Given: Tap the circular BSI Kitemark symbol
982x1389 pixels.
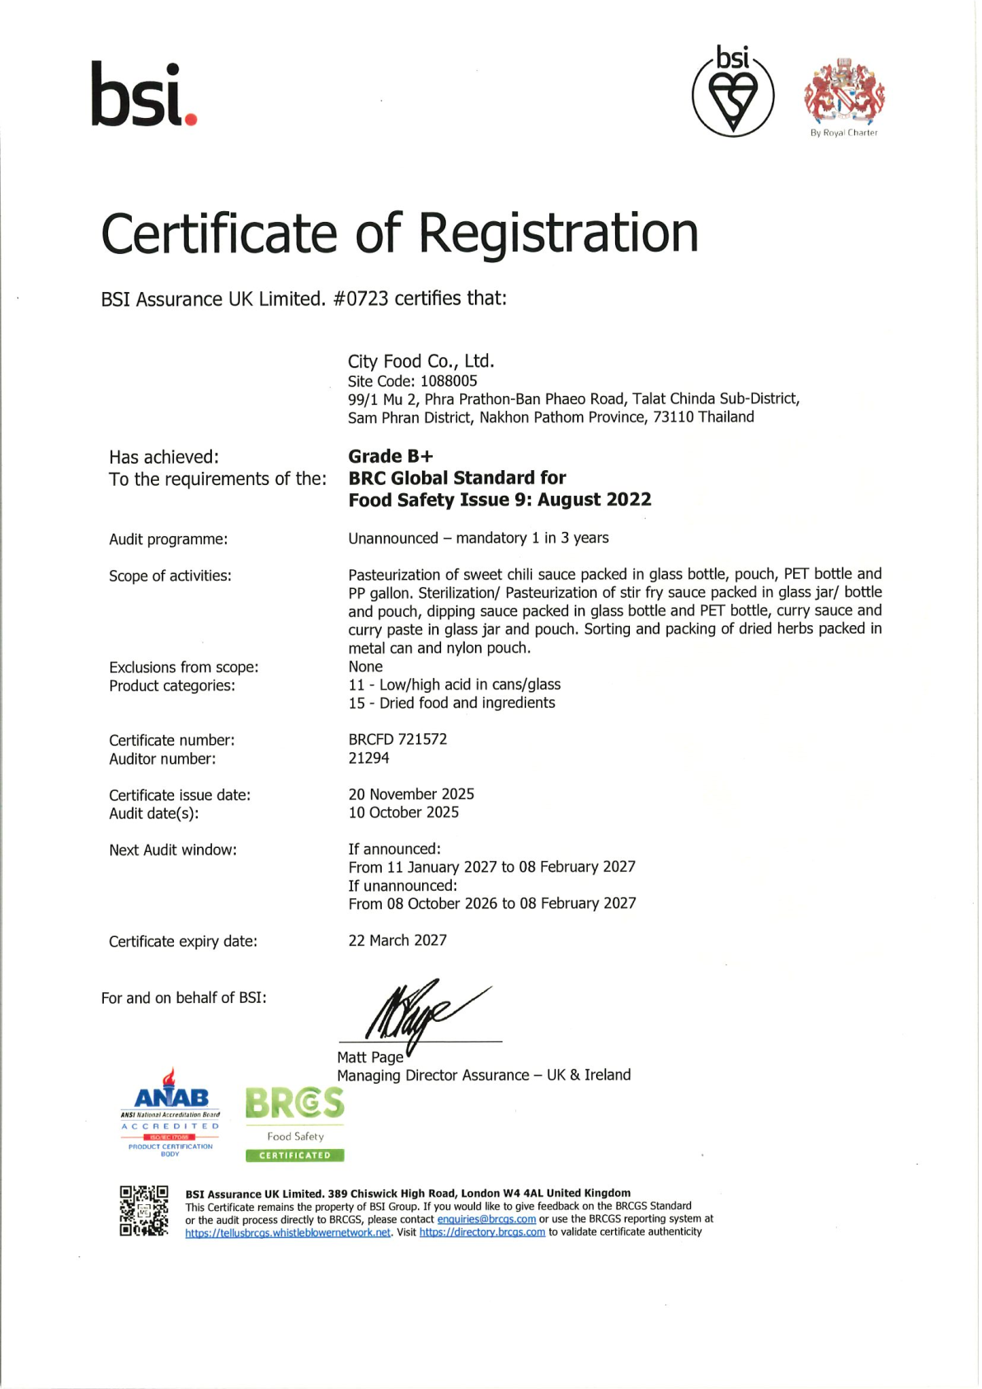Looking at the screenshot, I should pyautogui.click(x=732, y=92).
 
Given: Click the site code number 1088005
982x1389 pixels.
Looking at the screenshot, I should pyautogui.click(x=449, y=381).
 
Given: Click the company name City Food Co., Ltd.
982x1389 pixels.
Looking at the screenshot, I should pyautogui.click(x=421, y=361).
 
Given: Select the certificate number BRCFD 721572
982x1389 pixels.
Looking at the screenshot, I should pyautogui.click(x=397, y=739).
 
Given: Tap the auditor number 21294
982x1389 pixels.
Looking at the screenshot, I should pyautogui.click(x=369, y=758).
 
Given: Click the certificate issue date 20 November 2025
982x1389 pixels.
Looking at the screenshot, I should pyautogui.click(x=411, y=794).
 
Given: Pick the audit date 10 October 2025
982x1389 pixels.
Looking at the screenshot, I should pyautogui.click(x=403, y=812).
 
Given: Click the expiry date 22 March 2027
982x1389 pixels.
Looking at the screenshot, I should pyautogui.click(x=397, y=940).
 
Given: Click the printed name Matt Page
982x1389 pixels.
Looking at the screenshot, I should pyautogui.click(x=370, y=1057).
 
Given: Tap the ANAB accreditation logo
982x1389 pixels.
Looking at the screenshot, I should pyautogui.click(x=171, y=1113).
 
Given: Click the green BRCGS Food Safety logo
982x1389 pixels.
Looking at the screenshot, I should pyautogui.click(x=294, y=1123).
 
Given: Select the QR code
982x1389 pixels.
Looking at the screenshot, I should pyautogui.click(x=143, y=1211).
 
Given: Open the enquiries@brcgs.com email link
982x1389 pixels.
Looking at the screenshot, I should pyautogui.click(x=486, y=1219).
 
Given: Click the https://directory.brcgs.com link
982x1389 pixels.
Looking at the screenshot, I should pyautogui.click(x=482, y=1232).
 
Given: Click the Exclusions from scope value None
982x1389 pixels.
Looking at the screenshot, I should pyautogui.click(x=365, y=666).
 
